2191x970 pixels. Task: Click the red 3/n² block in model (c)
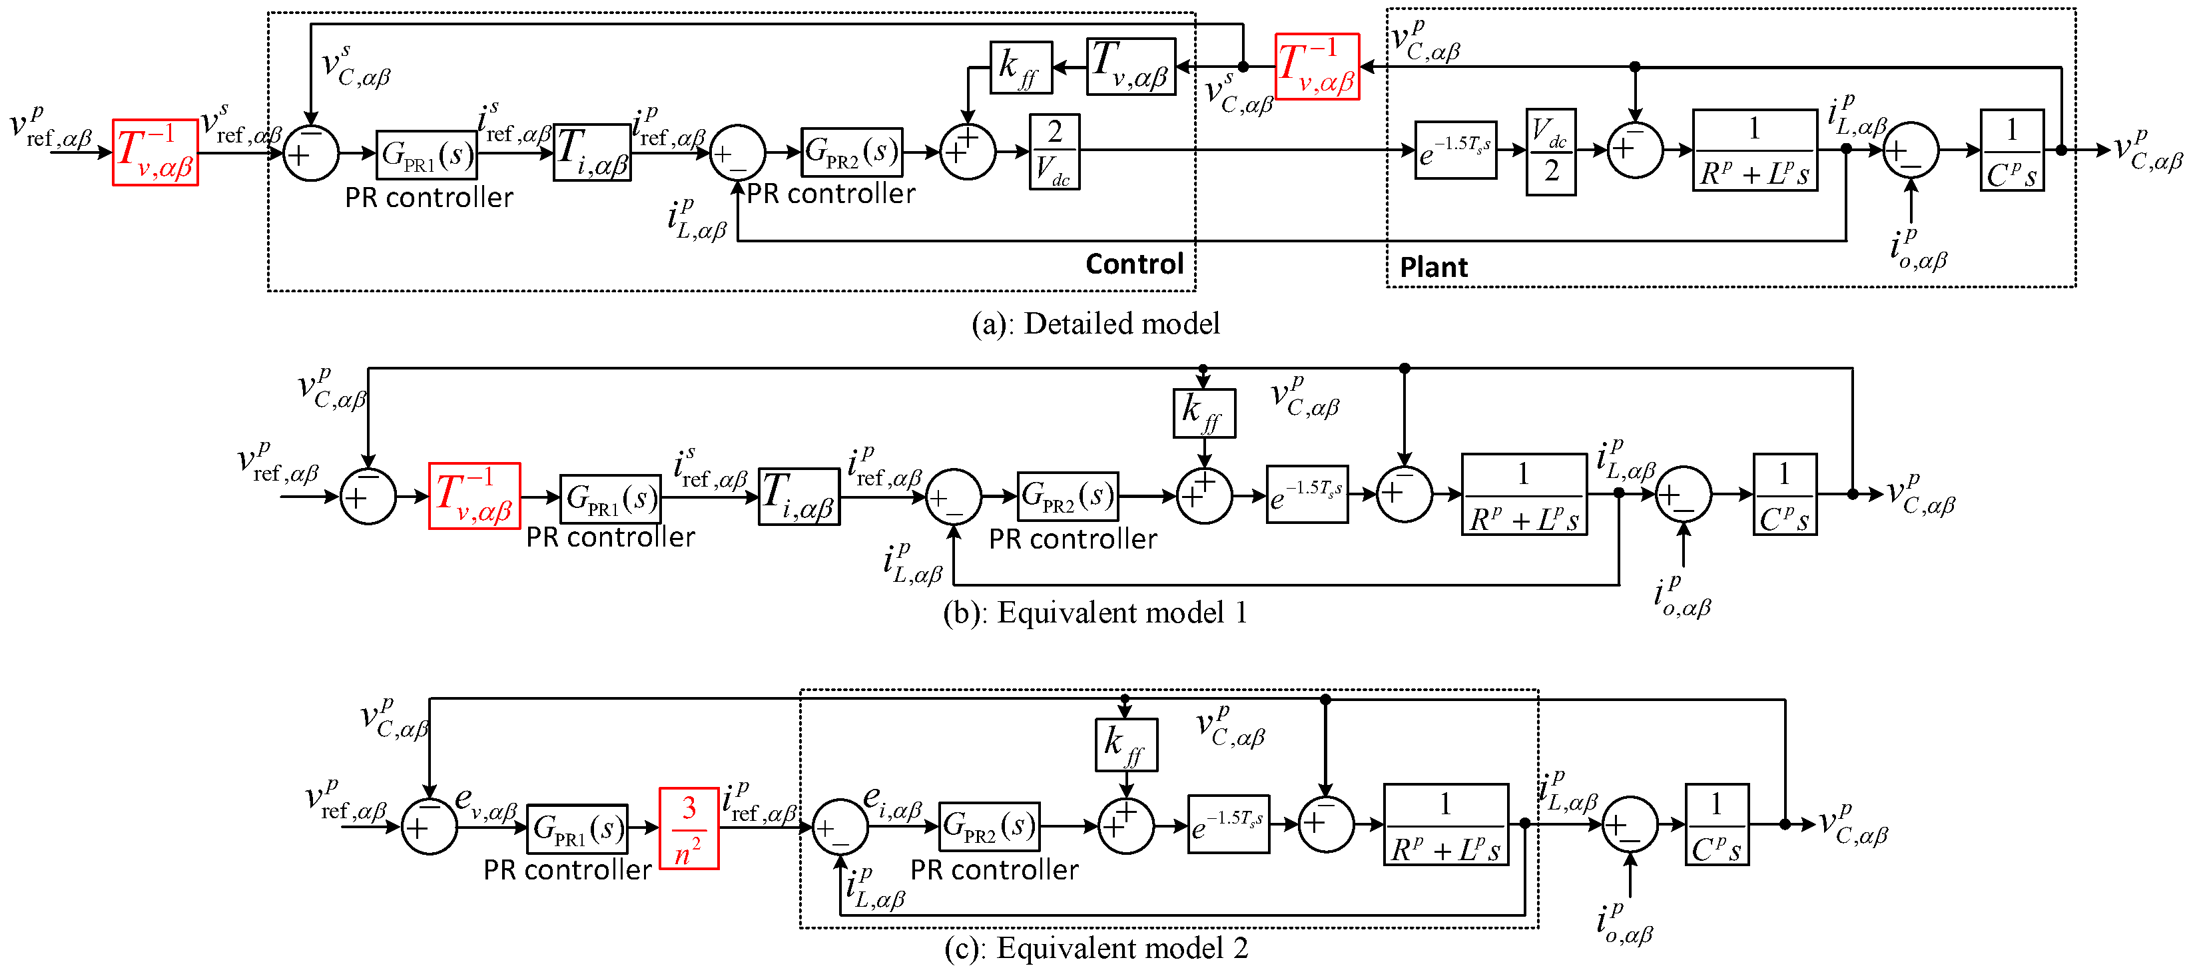point(689,829)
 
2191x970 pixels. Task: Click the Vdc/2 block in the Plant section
point(1550,152)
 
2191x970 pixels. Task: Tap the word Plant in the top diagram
point(1433,268)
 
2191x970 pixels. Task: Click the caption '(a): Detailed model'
point(1095,324)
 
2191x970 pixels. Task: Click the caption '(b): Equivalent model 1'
point(1095,613)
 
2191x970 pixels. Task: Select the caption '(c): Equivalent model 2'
point(1095,948)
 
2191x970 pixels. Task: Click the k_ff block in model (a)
point(1021,67)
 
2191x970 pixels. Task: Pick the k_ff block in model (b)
point(1203,413)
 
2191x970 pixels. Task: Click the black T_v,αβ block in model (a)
point(1131,67)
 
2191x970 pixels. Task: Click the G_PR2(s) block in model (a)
point(851,153)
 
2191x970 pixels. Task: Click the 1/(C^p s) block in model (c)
point(1716,825)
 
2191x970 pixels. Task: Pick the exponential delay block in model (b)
point(1307,495)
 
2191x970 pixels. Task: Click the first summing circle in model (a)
point(310,154)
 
